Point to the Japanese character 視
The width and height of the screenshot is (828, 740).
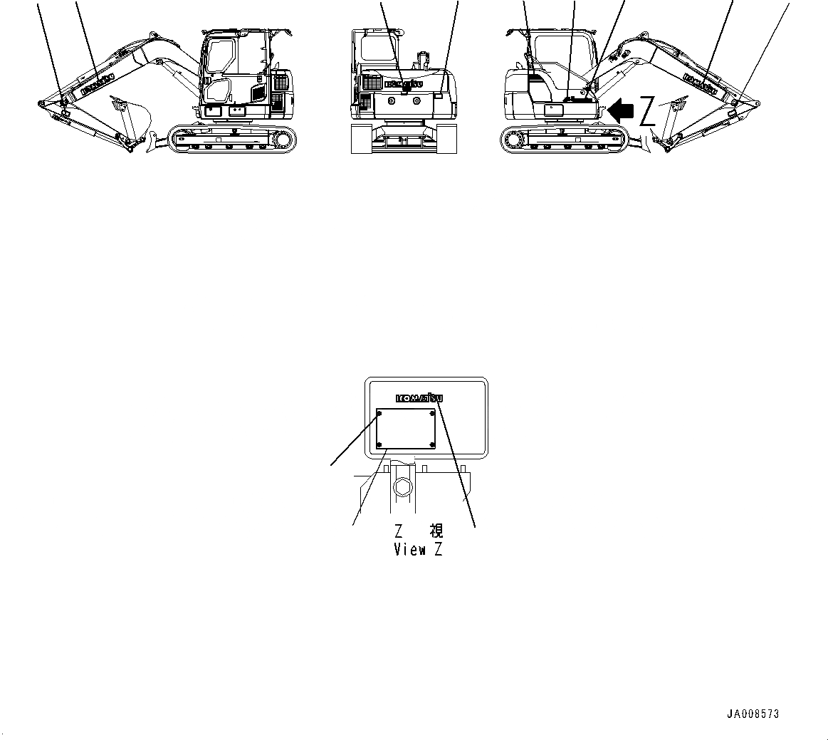point(436,531)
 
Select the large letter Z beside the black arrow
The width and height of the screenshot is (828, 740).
point(646,111)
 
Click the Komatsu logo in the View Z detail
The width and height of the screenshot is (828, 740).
point(417,399)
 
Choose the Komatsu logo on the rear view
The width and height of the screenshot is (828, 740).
point(403,83)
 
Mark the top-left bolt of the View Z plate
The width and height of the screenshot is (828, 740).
point(379,412)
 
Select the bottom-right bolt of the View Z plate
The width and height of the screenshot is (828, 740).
point(433,445)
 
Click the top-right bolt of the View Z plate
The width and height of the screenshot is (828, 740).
point(433,412)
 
